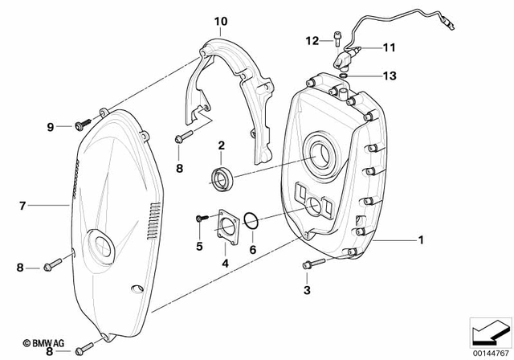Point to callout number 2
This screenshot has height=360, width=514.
pyautogui.click(x=222, y=145)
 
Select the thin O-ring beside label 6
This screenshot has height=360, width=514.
pyautogui.click(x=251, y=219)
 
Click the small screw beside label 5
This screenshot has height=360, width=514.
pyautogui.click(x=199, y=218)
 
